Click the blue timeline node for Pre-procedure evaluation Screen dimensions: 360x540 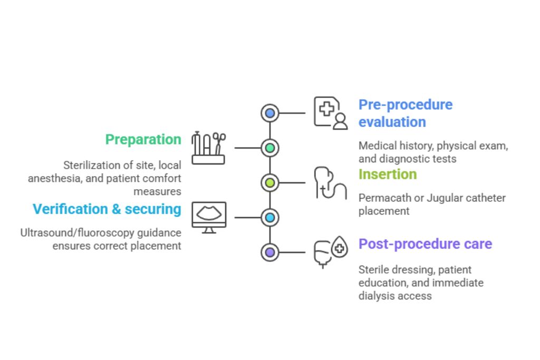coord(270,113)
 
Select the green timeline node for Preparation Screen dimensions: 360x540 coord(270,148)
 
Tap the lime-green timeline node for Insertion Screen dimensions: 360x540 coord(270,183)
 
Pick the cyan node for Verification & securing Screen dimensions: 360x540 coord(270,217)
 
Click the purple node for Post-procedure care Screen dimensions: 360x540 coord(270,252)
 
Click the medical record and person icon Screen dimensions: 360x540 coord(331,113)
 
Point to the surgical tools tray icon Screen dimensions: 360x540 coord(208,148)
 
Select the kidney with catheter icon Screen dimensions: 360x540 coord(330,183)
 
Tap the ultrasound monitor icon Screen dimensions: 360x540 coord(209,217)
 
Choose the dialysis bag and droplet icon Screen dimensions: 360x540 coord(331,252)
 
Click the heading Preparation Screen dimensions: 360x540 coord(143,140)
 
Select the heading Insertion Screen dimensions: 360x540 coord(388,174)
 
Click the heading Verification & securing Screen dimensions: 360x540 coord(107,209)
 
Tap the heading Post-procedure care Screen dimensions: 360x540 coord(425,244)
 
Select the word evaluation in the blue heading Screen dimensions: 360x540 coord(392,122)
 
